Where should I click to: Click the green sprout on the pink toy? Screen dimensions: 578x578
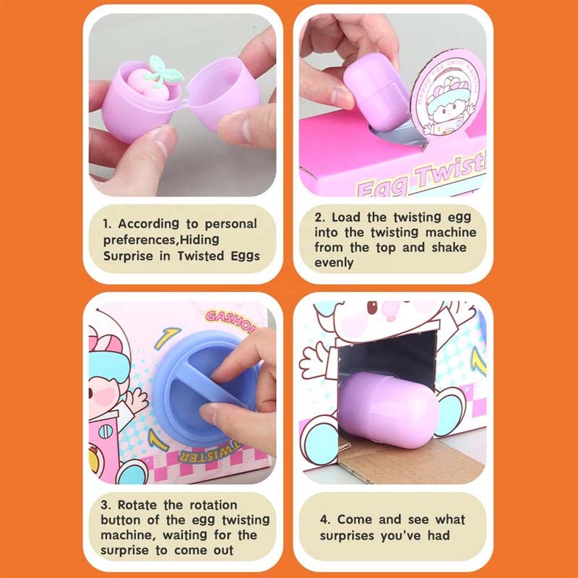click(x=163, y=71)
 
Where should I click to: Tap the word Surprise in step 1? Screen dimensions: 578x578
click(x=130, y=256)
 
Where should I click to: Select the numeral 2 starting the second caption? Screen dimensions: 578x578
click(x=318, y=216)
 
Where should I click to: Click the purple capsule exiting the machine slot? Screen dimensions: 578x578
click(x=389, y=410)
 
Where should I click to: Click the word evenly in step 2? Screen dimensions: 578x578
click(x=335, y=264)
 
